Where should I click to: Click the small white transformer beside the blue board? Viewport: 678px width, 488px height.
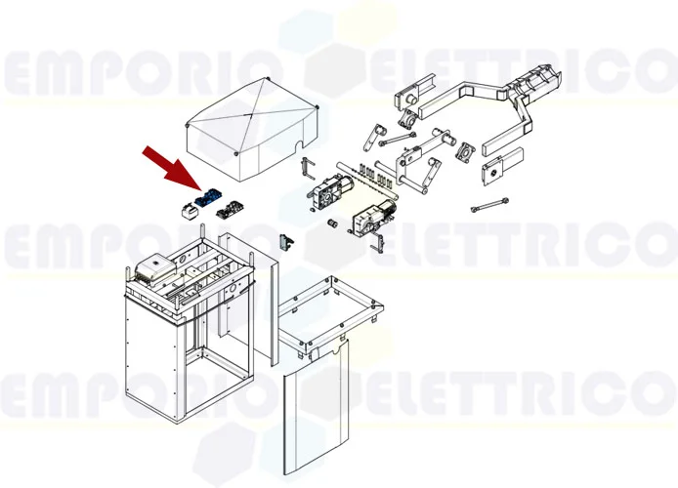[187, 208]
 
